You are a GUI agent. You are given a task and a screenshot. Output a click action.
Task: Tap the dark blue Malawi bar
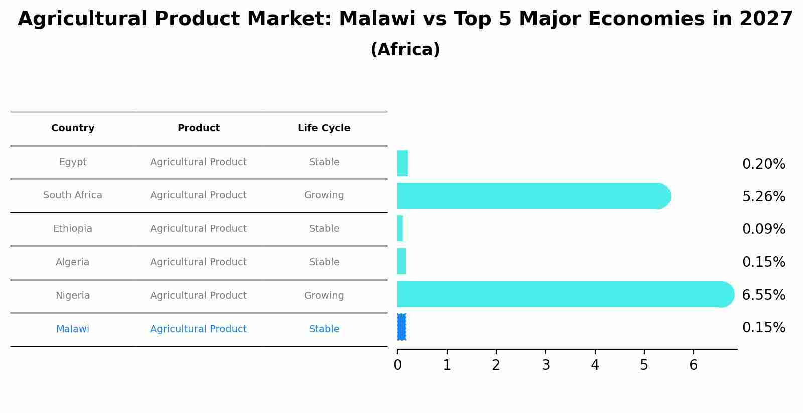[401, 327]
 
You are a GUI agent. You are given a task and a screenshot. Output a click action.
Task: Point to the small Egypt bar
[403, 163]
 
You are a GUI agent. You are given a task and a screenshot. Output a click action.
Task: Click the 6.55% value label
[763, 295]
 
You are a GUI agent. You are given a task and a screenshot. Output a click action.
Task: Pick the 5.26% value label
[763, 197]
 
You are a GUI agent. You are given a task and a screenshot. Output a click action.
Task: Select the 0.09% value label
[763, 229]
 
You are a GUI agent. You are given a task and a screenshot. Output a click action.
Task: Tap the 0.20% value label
[763, 164]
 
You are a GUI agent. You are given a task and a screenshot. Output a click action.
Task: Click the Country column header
[73, 128]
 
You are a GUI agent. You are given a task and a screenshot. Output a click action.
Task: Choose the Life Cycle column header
[324, 128]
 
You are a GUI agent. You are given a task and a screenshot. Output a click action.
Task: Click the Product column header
[198, 128]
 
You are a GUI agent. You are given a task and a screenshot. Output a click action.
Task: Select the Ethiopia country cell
[73, 229]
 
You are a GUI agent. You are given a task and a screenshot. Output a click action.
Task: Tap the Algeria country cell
[73, 262]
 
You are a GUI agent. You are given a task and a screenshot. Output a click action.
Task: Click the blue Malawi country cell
[73, 329]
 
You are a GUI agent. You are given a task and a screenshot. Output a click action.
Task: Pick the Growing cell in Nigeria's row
[324, 296]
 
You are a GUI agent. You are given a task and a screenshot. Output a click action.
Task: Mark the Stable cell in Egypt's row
[324, 162]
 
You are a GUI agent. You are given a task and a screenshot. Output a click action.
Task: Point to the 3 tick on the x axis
[546, 365]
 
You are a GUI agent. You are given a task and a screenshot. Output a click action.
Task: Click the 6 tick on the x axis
[694, 365]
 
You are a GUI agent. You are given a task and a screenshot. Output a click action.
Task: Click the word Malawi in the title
[377, 19]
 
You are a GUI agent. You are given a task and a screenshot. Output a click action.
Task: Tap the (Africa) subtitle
[405, 50]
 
